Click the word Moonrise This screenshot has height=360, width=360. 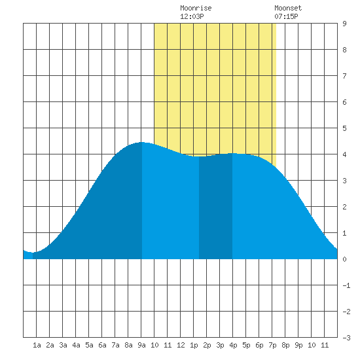196,8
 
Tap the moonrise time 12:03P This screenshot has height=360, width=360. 192,16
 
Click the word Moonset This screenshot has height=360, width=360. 288,8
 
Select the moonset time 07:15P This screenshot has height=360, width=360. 286,16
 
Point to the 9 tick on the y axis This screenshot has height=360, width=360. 344,24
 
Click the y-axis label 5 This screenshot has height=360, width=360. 344,128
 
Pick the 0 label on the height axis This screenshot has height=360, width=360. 344,259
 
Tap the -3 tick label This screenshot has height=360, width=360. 346,338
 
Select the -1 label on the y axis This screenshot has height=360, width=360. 346,285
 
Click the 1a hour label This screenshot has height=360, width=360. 37,345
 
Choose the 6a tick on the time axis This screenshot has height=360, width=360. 102,345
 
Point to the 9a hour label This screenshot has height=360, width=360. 141,345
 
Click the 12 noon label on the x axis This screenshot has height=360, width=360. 181,345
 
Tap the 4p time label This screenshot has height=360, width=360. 233,345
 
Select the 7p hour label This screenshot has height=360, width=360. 272,345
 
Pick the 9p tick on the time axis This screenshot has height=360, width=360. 298,345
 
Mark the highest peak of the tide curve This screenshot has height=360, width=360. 141,142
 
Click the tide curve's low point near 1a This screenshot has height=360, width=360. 33,253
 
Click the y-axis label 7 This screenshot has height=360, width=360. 344,76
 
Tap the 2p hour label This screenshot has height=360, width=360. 207,345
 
